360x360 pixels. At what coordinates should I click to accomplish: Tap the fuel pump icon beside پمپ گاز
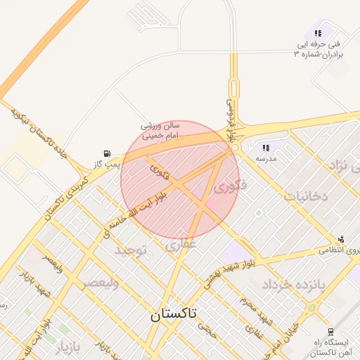(107, 153)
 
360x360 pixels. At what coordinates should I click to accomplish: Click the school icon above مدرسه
(266, 148)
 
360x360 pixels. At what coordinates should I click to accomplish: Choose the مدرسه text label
(266, 158)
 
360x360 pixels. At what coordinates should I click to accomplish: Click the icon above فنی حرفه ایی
(319, 33)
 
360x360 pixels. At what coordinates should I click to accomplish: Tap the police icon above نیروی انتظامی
(342, 240)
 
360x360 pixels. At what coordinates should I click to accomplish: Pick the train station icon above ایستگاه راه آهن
(330, 332)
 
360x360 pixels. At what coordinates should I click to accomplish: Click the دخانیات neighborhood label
(306, 196)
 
